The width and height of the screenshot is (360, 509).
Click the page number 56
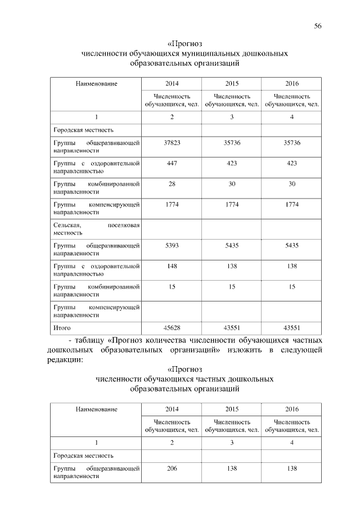[318, 26]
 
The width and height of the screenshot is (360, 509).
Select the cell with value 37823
[172, 143]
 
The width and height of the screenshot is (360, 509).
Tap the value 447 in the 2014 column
[172, 163]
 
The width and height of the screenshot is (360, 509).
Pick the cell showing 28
[172, 184]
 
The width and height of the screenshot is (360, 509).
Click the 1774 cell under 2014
[172, 204]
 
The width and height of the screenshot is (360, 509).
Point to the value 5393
[172, 246]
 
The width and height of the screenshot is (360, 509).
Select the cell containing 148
[172, 266]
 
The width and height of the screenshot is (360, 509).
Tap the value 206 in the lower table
[172, 468]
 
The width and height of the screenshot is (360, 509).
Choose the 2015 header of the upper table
[232, 83]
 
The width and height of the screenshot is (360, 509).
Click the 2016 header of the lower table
[292, 408]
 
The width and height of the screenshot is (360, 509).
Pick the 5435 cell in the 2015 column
[232, 246]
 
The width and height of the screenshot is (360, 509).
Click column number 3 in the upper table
[232, 116]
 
